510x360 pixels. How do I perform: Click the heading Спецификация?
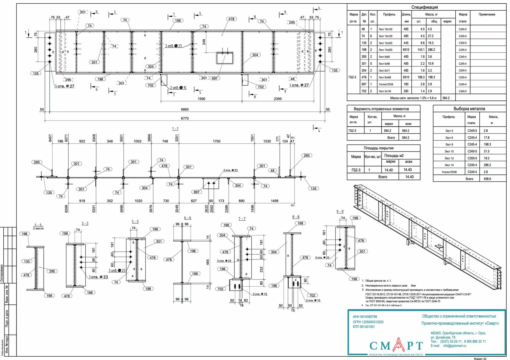click(x=424, y=7)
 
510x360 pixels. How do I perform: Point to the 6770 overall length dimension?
click(x=185, y=118)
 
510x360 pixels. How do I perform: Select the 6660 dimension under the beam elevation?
click(x=185, y=110)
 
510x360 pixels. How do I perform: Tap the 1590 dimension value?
click(x=201, y=99)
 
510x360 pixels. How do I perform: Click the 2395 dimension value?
click(x=277, y=99)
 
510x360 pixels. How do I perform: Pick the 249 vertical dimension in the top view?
click(x=204, y=42)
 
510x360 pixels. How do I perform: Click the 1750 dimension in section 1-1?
click(x=216, y=141)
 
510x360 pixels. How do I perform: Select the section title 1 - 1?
click(x=175, y=129)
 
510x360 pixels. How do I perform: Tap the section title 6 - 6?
click(x=188, y=218)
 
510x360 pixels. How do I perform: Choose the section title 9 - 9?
click(x=340, y=212)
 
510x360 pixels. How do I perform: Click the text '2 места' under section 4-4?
click(x=38, y=229)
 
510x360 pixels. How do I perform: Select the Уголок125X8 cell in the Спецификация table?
click(x=386, y=84)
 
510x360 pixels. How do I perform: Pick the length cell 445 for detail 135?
click(x=406, y=43)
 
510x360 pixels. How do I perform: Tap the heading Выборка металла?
click(x=469, y=109)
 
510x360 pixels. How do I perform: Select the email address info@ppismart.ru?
click(x=454, y=346)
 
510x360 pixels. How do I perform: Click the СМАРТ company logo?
click(x=396, y=346)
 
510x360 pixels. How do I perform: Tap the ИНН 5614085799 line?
click(x=365, y=317)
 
